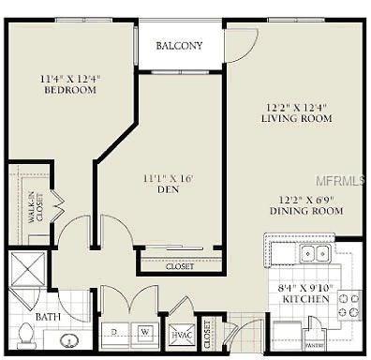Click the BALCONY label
coord(181,46)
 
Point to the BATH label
coord(49,318)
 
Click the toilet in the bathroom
coord(26,334)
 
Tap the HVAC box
coord(180,334)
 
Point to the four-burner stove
coord(348,306)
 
